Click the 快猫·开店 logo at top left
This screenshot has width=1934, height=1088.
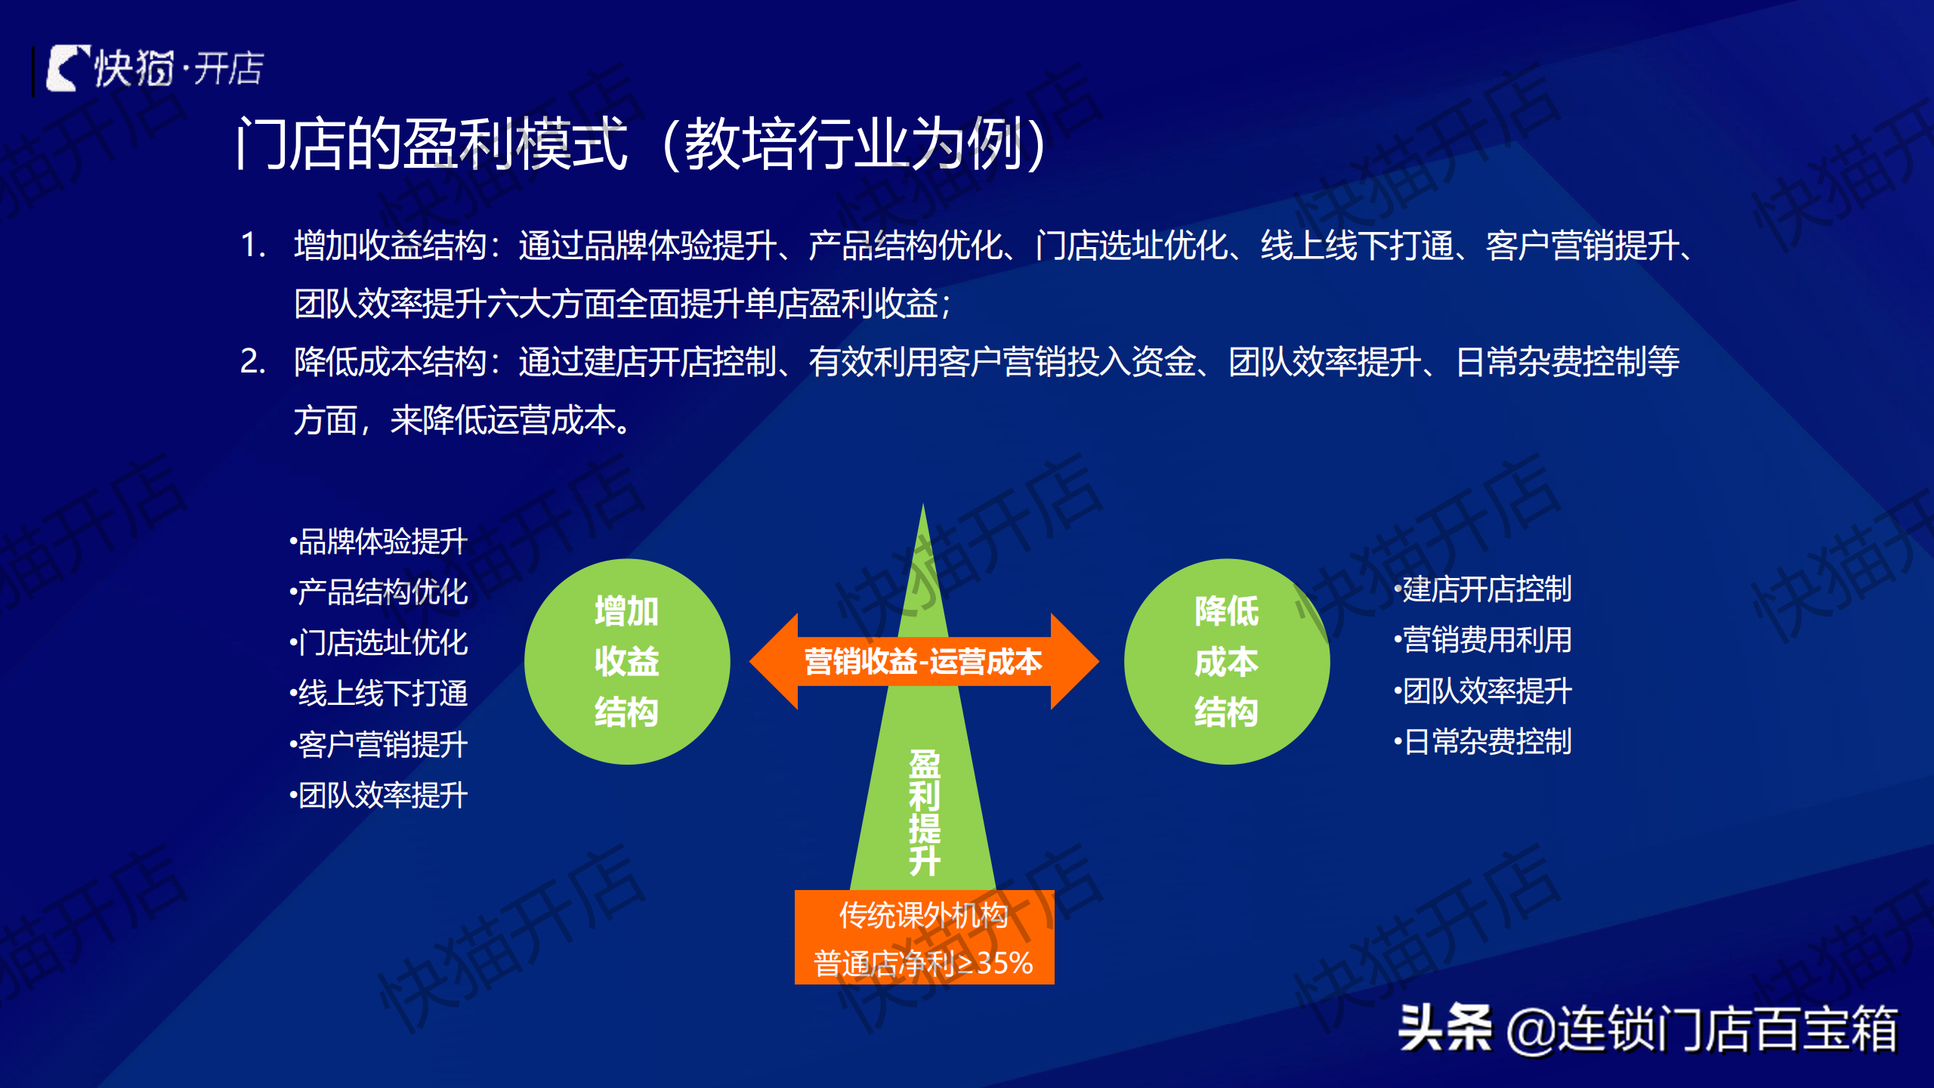point(155,69)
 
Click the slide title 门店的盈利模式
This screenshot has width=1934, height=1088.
point(431,144)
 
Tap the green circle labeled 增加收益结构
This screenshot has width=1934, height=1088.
point(627,662)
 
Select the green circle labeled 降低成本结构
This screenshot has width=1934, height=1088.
point(1227,662)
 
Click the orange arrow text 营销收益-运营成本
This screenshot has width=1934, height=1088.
point(923,662)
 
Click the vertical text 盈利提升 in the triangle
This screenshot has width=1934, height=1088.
point(925,813)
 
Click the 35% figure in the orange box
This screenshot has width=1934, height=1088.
point(1005,963)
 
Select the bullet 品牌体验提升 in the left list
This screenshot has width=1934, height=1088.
point(379,542)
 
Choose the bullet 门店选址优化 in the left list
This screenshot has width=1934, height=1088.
point(379,643)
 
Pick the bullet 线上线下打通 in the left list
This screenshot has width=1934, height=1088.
point(379,694)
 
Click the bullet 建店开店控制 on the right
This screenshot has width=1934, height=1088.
point(1483,589)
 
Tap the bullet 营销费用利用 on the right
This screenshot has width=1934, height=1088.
point(1483,640)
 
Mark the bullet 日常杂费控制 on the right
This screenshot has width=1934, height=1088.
point(1483,741)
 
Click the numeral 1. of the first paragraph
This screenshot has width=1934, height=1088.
point(253,246)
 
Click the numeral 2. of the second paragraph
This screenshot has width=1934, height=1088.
point(253,361)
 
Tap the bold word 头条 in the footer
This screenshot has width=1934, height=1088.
point(1445,1028)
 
